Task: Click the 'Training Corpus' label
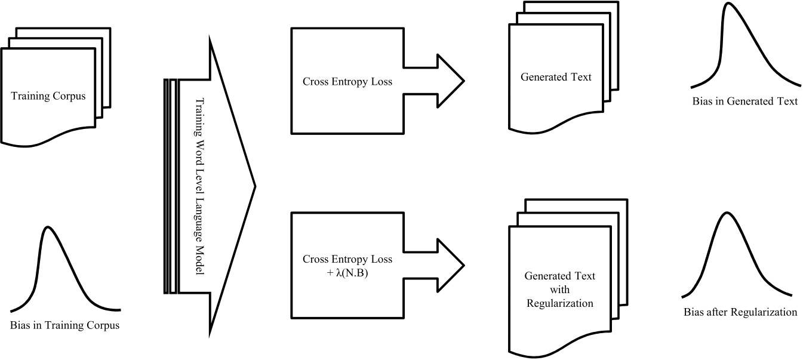48,96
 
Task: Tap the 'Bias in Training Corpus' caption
64,325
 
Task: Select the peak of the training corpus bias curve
48,227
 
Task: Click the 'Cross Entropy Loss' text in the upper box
347,81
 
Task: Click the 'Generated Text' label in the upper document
556,77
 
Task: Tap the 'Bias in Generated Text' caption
744,101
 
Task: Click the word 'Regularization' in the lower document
559,303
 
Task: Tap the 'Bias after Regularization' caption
740,312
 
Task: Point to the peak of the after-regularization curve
726,213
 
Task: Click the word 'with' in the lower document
559,290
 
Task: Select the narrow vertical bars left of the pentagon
171,186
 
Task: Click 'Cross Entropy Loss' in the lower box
347,259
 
